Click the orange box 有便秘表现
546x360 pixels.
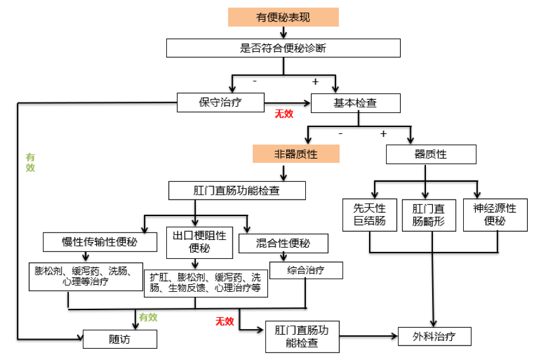[283, 17]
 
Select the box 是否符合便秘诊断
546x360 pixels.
[283, 49]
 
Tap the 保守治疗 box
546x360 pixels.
[221, 102]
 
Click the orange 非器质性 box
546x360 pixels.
[296, 153]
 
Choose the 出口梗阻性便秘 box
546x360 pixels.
[199, 242]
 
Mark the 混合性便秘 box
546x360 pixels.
[283, 243]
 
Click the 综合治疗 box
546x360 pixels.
[306, 270]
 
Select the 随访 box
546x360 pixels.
[119, 339]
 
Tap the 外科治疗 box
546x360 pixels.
[435, 336]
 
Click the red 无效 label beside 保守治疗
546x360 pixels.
[284, 114]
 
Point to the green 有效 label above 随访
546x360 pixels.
[148, 317]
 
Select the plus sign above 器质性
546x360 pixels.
[383, 133]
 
